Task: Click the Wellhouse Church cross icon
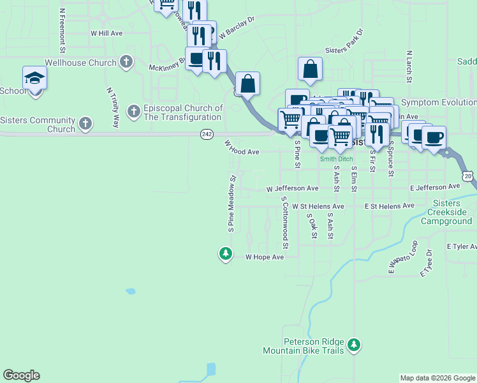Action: [x=126, y=63]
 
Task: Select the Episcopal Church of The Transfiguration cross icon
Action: [x=134, y=112]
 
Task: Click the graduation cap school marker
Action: [x=34, y=79]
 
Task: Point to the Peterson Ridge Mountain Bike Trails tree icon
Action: [x=355, y=346]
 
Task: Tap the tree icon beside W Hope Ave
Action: [x=225, y=254]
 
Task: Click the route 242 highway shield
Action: [x=206, y=133]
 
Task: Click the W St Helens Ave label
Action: [x=318, y=207]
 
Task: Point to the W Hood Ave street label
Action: [x=242, y=151]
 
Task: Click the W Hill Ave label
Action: [x=106, y=33]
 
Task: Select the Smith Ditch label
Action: [x=337, y=159]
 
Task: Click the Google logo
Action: [x=21, y=375]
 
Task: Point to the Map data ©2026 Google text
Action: [x=437, y=378]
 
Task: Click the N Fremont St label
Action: [x=62, y=30]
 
